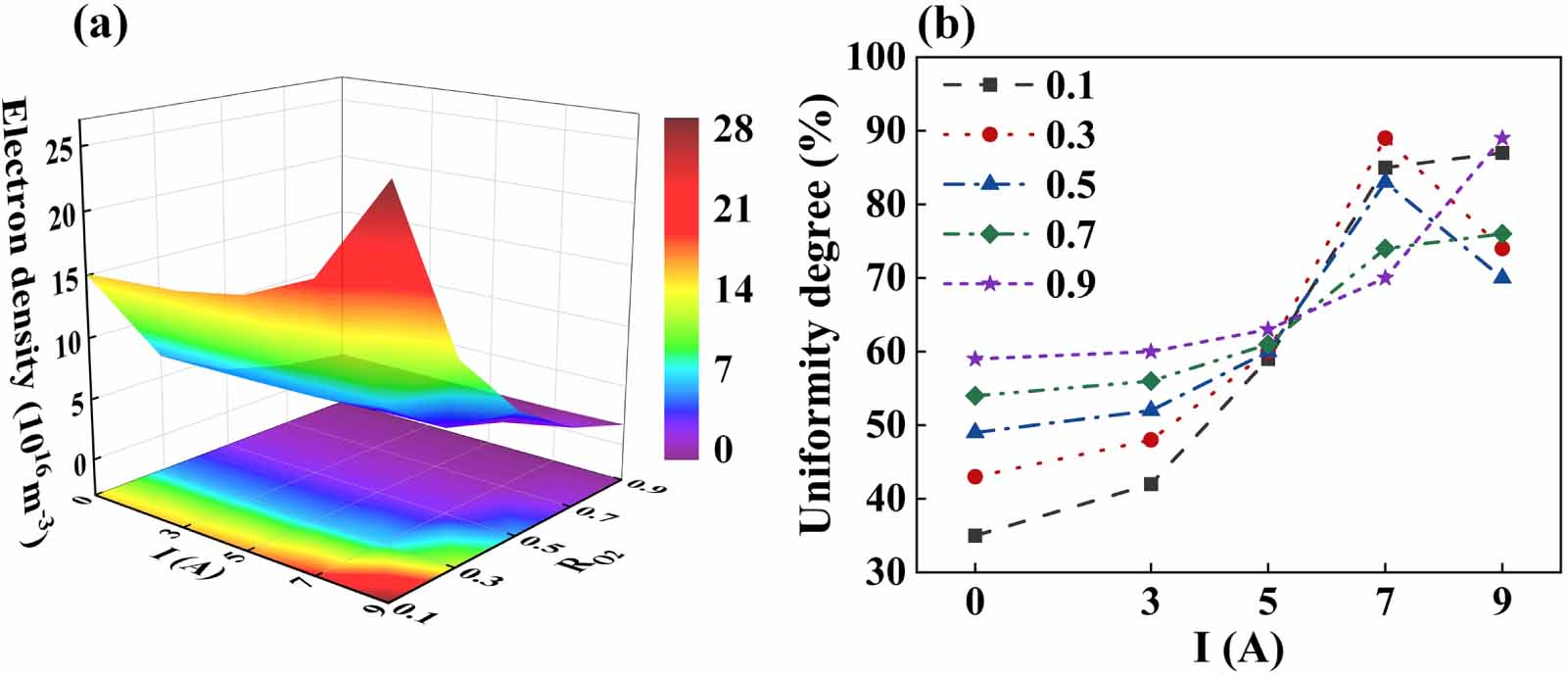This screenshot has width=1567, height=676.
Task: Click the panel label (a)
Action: [101, 24]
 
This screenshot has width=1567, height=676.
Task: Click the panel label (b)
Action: [945, 24]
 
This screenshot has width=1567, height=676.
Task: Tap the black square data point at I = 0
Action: [974, 535]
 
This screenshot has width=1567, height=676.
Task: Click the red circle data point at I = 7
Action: [1385, 138]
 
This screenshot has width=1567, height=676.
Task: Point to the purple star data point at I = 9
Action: [1502, 138]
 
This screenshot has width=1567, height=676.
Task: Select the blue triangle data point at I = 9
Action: [1502, 277]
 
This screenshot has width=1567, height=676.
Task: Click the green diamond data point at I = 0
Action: [974, 396]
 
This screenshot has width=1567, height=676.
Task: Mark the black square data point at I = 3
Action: [1151, 484]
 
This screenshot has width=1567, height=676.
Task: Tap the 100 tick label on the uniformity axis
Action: [876, 57]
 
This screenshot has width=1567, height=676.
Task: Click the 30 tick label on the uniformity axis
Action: [883, 572]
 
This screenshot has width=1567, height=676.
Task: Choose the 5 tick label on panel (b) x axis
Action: [1268, 602]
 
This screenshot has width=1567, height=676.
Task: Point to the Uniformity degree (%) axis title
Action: [816, 314]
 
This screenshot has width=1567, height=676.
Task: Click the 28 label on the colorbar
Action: [733, 128]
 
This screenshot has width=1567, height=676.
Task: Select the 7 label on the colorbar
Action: [723, 369]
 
